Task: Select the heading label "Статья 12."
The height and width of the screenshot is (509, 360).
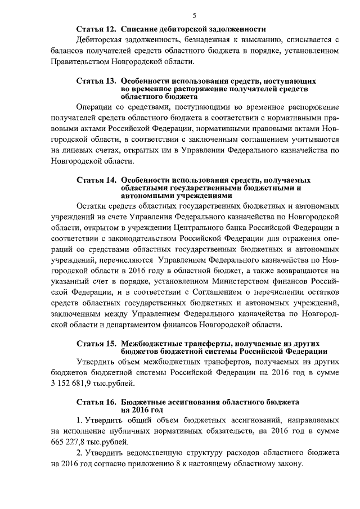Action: point(96,29)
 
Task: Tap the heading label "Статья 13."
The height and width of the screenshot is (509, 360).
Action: point(96,82)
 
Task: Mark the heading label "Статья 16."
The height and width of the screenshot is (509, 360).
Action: point(96,403)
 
